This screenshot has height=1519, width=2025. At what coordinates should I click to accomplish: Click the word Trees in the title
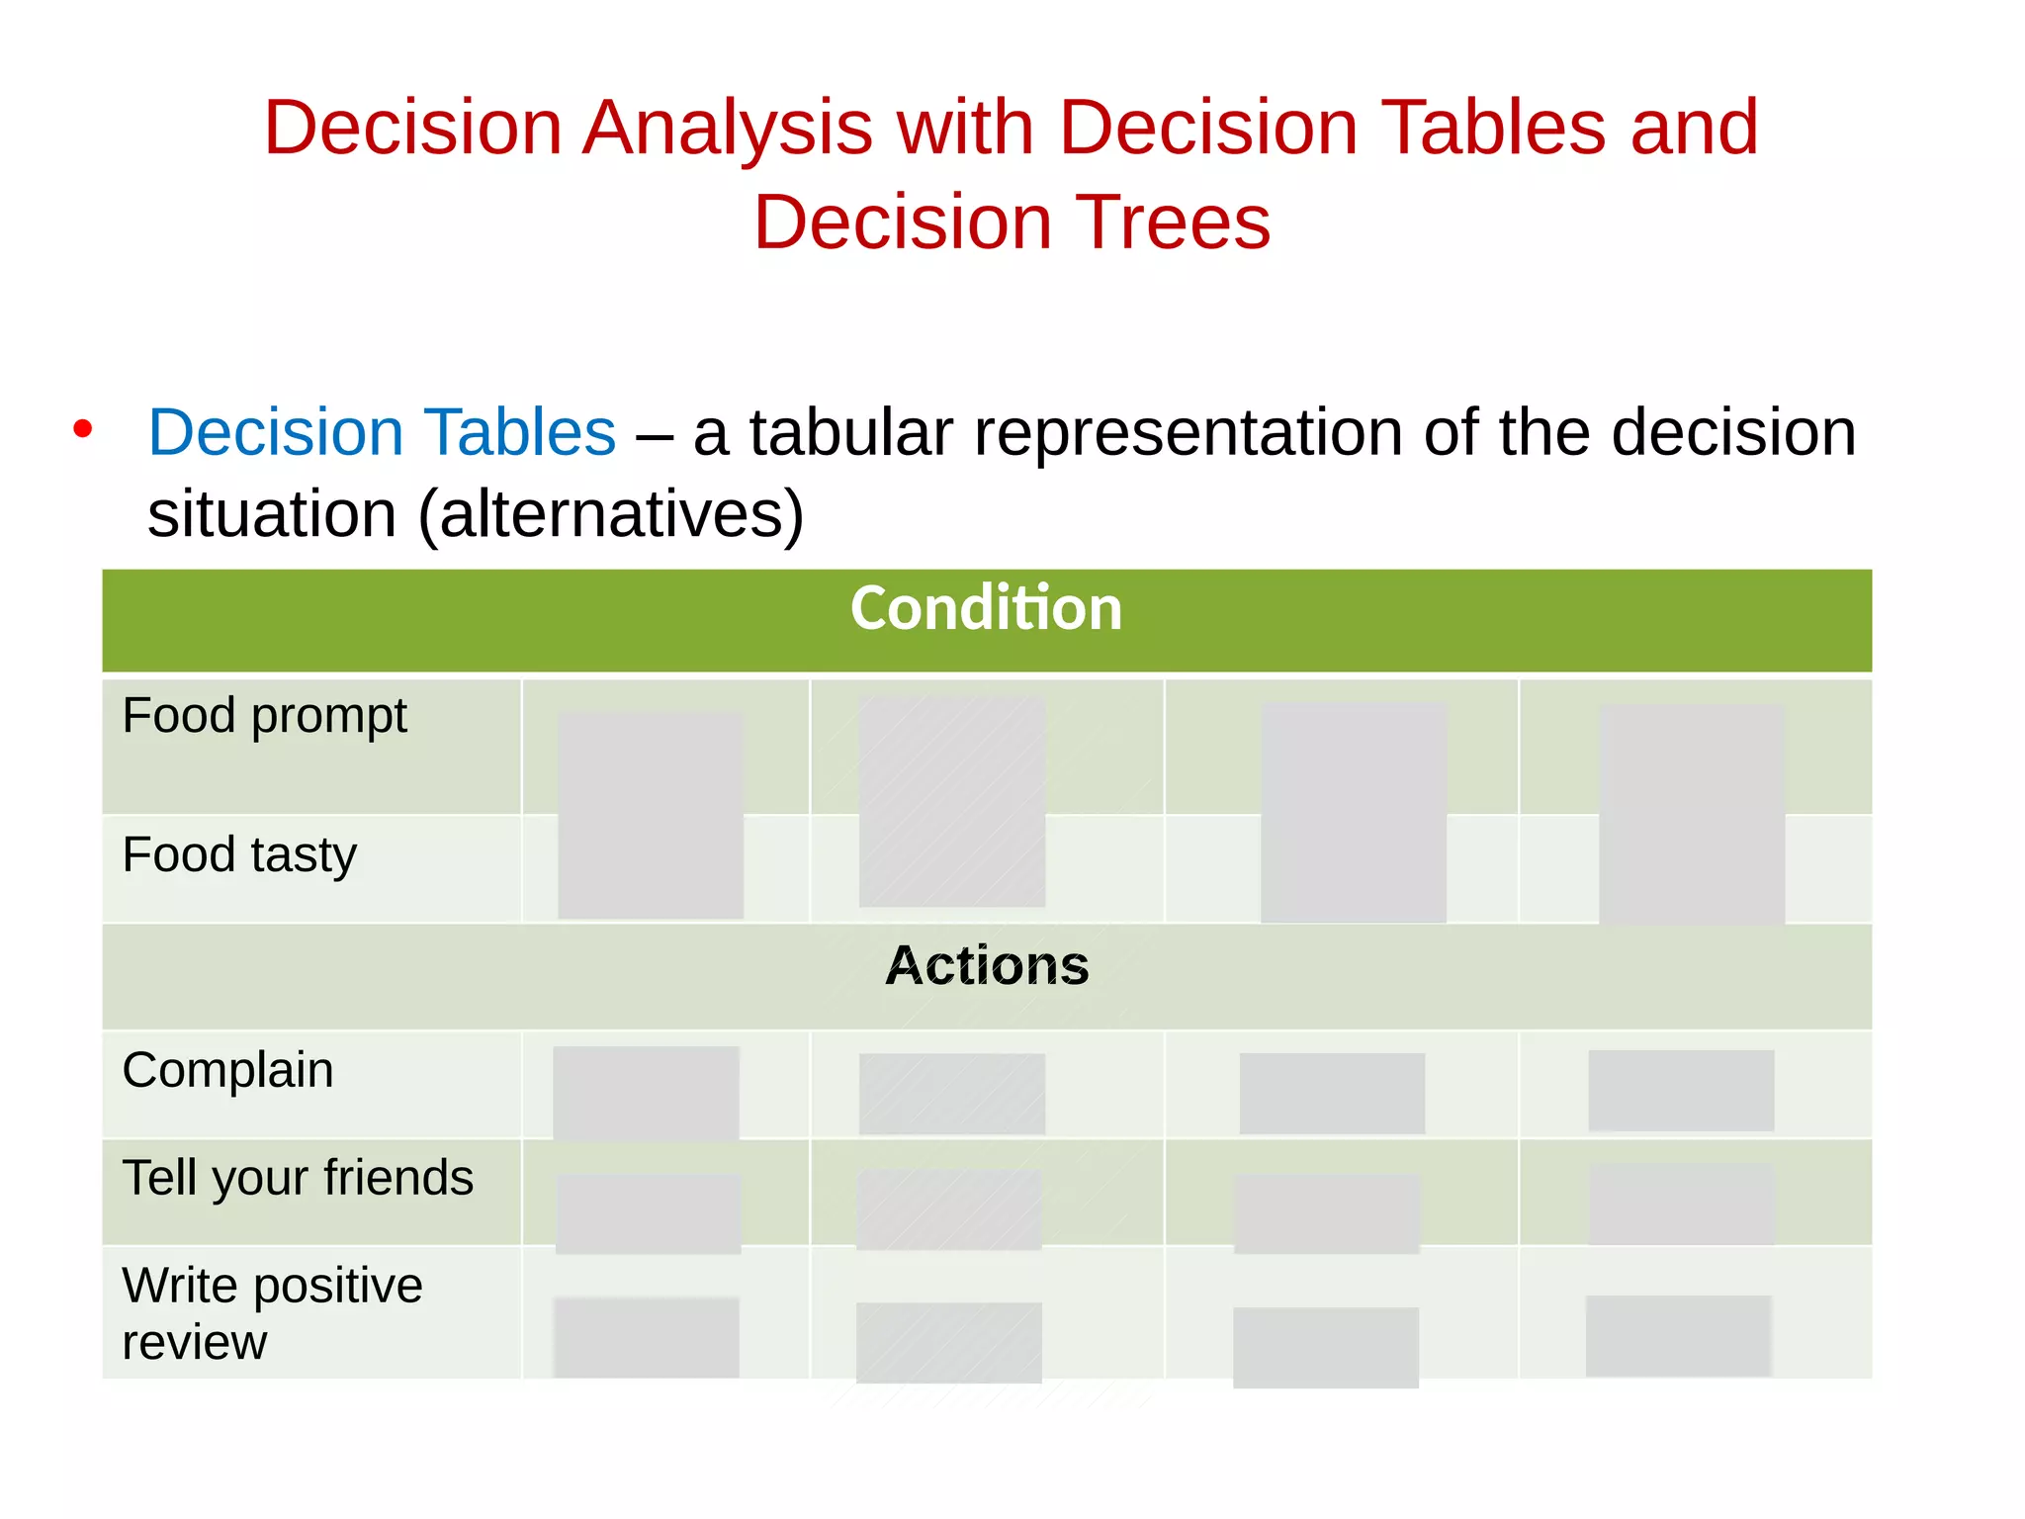click(1173, 223)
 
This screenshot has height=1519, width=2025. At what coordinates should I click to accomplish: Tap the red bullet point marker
click(83, 429)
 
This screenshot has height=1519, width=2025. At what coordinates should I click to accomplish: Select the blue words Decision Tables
click(382, 433)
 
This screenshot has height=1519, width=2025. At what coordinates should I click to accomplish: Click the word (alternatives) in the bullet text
click(610, 514)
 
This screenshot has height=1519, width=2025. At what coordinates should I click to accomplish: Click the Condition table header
click(986, 608)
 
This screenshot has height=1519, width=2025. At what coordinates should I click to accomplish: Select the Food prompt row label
click(264, 716)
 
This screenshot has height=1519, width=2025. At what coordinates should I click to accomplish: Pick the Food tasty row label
click(239, 854)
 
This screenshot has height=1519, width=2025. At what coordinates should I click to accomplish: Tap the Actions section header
click(986, 966)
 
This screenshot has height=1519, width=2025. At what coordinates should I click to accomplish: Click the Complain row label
click(227, 1070)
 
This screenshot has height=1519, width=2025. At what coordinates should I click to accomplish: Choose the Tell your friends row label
click(298, 1178)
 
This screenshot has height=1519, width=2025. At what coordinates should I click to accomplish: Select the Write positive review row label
click(272, 1313)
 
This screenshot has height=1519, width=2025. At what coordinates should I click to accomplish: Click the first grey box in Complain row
click(646, 1093)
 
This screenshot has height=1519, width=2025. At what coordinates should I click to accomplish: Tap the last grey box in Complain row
click(1680, 1090)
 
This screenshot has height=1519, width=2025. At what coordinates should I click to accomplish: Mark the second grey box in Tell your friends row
click(949, 1208)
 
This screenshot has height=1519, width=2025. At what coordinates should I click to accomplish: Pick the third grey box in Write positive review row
click(1325, 1347)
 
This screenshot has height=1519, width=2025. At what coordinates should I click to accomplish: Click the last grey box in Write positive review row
click(1678, 1335)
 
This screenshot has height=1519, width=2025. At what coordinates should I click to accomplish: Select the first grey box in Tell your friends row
click(648, 1213)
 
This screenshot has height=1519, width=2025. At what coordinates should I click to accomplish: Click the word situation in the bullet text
click(272, 514)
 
